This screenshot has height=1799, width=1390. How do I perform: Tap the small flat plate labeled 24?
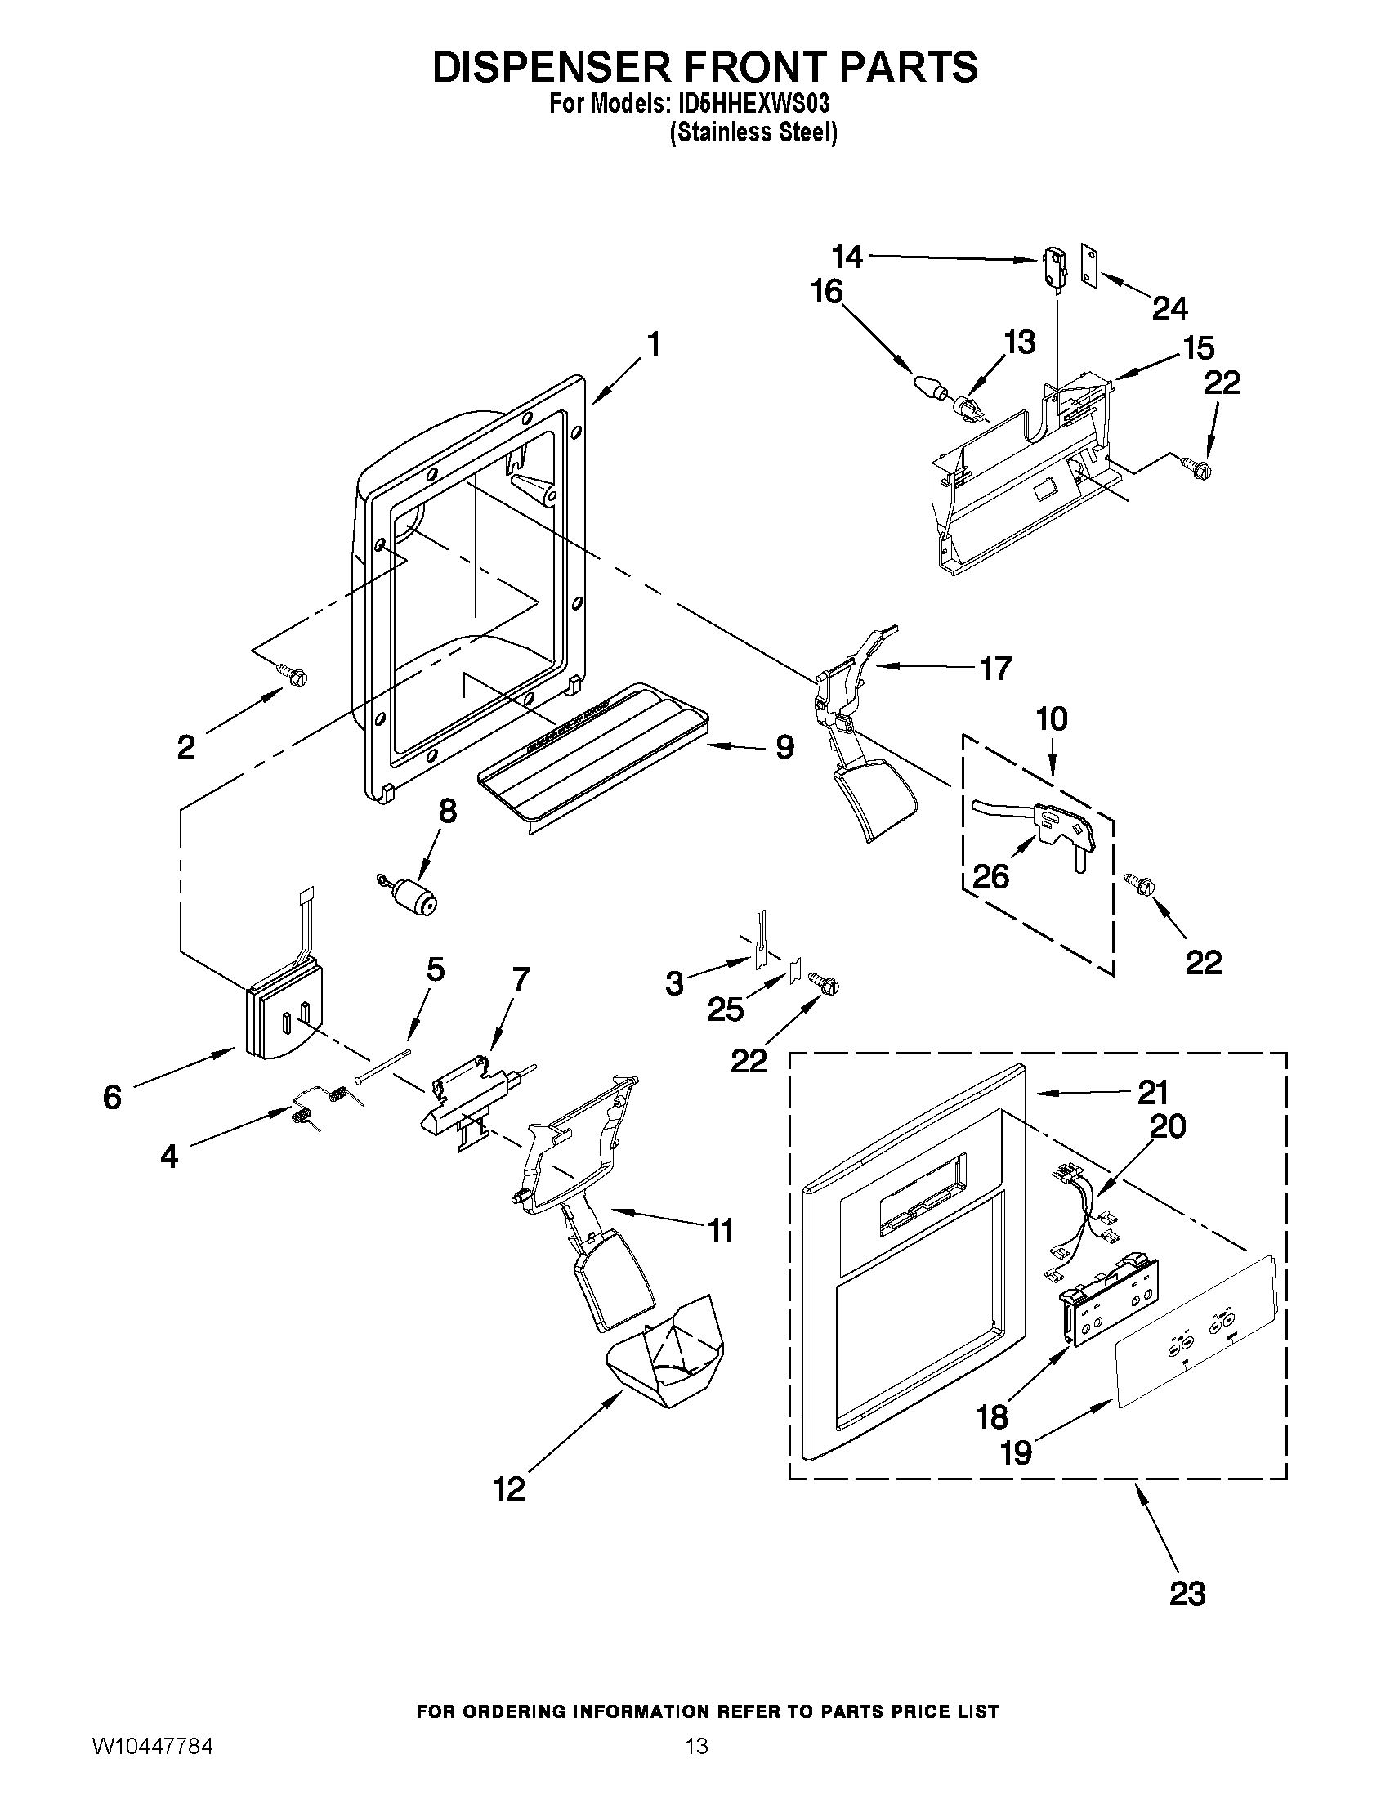pos(1091,266)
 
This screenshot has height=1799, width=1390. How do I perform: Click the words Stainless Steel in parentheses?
pos(753,132)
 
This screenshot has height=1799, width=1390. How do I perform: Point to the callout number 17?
pos(994,668)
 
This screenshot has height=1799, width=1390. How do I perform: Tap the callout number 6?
pos(112,1096)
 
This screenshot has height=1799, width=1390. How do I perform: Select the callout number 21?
pos(1152,1092)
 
